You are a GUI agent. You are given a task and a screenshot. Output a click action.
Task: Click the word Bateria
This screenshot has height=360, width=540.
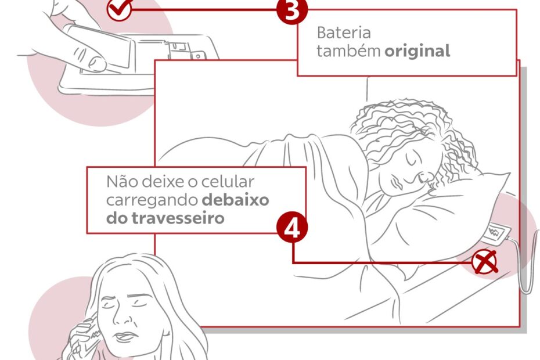344,33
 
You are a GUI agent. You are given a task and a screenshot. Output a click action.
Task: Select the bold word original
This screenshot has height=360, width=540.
417,51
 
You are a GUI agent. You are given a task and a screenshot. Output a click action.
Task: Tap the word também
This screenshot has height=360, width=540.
348,51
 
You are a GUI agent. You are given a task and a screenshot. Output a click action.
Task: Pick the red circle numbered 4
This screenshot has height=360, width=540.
292,228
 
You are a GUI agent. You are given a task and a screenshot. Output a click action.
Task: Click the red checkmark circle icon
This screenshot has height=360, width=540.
119,9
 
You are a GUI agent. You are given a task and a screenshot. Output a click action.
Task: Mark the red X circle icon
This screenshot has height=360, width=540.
485,262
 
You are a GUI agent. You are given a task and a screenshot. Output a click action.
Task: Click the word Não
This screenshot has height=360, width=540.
123,181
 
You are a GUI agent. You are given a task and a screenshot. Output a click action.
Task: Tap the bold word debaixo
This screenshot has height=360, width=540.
236,200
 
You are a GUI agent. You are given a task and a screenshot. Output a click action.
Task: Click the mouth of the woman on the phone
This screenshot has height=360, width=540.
125,336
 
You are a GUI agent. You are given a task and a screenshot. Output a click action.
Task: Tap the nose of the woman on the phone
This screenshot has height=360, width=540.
123,316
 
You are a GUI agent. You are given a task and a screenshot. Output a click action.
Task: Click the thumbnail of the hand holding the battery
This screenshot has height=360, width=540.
97,63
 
